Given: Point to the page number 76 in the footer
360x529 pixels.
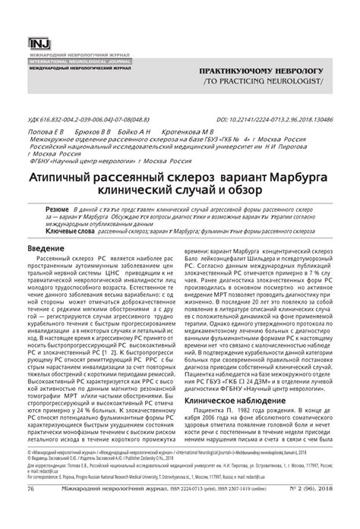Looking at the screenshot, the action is click(30, 511).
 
